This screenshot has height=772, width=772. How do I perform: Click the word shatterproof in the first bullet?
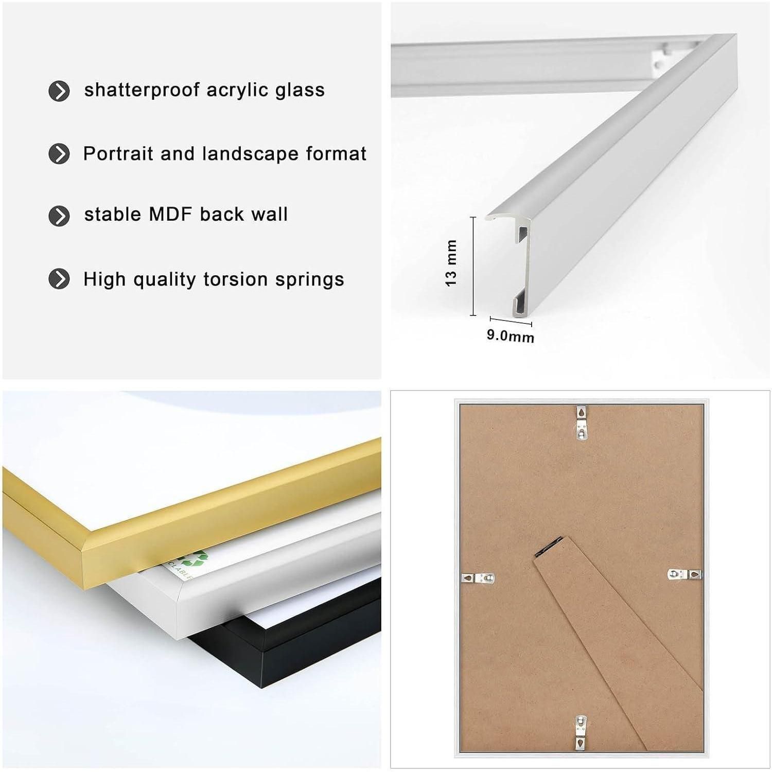click(142, 90)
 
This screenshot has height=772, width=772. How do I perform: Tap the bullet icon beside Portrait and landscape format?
click(59, 154)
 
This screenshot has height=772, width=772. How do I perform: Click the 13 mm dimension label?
click(451, 263)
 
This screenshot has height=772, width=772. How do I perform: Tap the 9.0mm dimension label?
click(511, 336)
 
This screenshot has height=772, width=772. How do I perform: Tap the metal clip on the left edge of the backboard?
click(478, 578)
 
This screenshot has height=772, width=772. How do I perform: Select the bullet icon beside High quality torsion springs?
click(59, 279)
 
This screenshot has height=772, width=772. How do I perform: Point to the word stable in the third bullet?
click(113, 214)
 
